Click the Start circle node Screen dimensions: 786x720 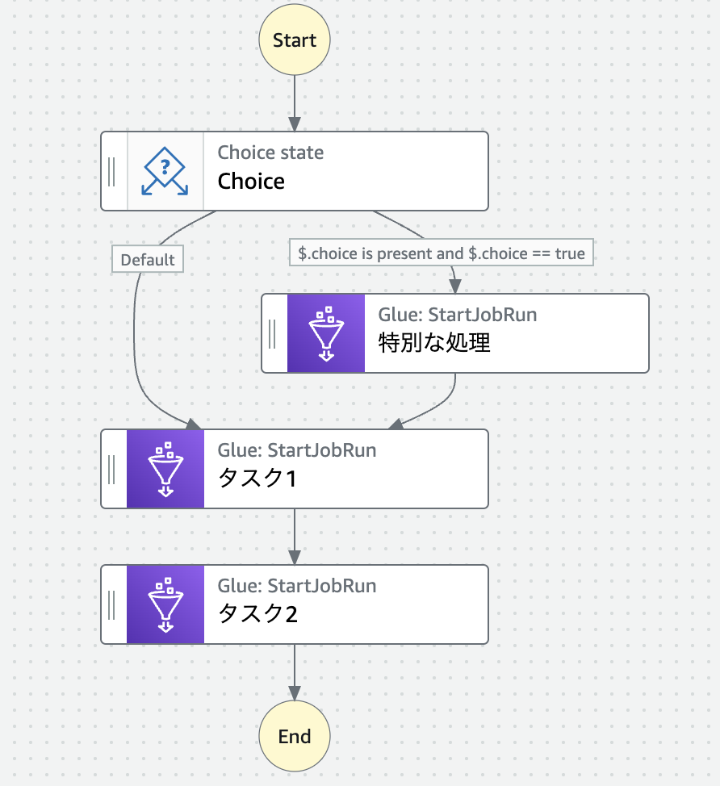coord(295,40)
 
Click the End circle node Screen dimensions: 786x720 coord(295,736)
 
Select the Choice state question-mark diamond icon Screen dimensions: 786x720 coord(165,171)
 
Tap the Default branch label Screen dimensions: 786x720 coord(148,260)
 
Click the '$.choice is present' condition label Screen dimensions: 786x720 coord(442,253)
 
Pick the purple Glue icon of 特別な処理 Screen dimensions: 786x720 coord(326,332)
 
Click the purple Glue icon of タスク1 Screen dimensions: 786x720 coord(165,468)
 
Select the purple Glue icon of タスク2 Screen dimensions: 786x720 coord(165,604)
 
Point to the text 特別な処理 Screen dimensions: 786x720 coord(434,343)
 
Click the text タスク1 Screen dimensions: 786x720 coord(257,479)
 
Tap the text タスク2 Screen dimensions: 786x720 coord(257,615)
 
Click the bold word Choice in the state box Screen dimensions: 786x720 coord(251,181)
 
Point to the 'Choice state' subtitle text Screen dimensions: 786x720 coord(270,153)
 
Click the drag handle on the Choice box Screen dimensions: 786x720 coord(112,171)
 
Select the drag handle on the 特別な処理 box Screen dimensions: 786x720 coord(273,332)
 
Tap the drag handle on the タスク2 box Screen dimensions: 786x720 coord(112,604)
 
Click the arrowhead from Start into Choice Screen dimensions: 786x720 coord(295,124)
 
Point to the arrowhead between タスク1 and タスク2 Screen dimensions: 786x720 coord(295,557)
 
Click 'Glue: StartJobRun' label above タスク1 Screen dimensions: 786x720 coord(296,449)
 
